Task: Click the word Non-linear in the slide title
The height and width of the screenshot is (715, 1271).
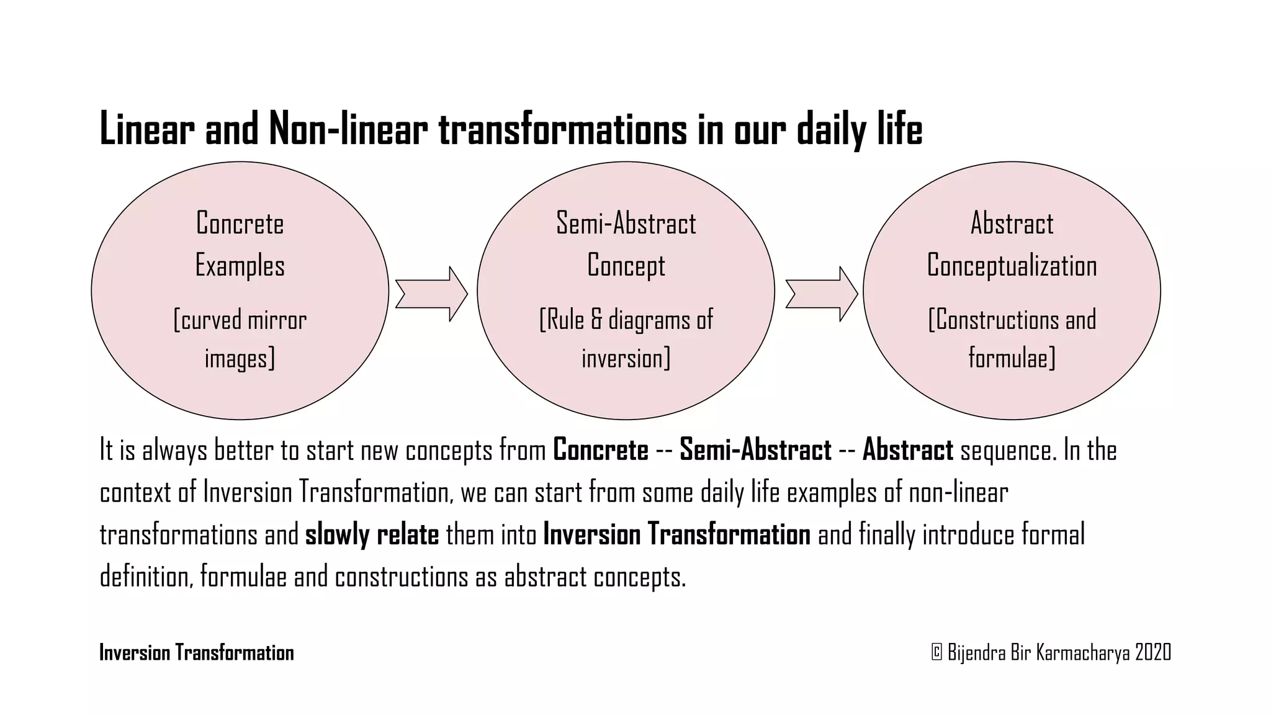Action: pyautogui.click(x=348, y=130)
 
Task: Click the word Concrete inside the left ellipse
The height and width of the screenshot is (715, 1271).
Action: pyautogui.click(x=240, y=223)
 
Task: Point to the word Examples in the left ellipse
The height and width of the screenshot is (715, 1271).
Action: pyautogui.click(x=240, y=266)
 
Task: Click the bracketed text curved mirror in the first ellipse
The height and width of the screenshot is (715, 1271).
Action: pyautogui.click(x=240, y=320)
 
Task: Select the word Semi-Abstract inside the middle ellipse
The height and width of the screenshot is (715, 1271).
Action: pyautogui.click(x=626, y=223)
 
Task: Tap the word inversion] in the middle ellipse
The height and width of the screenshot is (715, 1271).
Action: pyautogui.click(x=626, y=359)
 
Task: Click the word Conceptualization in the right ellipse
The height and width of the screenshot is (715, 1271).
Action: pyautogui.click(x=1012, y=266)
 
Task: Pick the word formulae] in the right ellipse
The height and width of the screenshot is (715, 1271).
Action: pyautogui.click(x=1012, y=358)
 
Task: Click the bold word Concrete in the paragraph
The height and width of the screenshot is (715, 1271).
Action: pyautogui.click(x=600, y=450)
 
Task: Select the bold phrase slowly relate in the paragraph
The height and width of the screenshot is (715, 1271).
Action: pyautogui.click(x=372, y=534)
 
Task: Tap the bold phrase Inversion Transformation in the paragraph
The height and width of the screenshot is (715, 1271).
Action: pyautogui.click(x=676, y=534)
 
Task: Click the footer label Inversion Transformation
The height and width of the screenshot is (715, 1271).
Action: pyautogui.click(x=197, y=653)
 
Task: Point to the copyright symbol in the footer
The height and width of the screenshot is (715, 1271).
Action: pyautogui.click(x=936, y=652)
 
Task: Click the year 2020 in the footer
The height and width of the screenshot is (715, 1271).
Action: pyautogui.click(x=1152, y=652)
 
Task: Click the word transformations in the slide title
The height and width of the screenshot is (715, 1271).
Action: pyautogui.click(x=563, y=130)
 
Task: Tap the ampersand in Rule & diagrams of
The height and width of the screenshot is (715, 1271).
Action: pyautogui.click(x=596, y=320)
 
